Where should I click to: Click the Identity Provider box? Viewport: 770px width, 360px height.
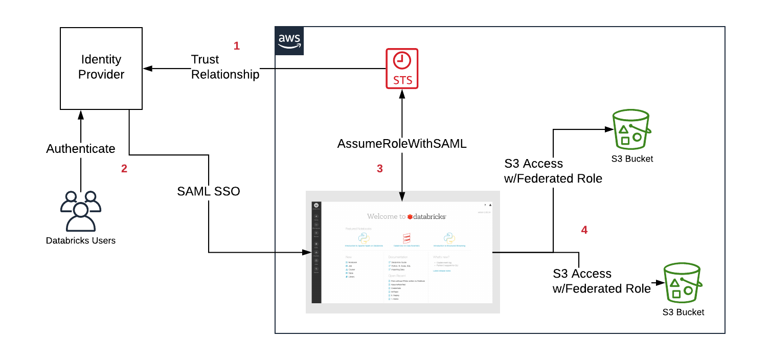pyautogui.click(x=101, y=67)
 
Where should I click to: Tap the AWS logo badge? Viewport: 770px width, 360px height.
pyautogui.click(x=289, y=41)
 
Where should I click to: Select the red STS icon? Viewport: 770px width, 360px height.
pyautogui.click(x=402, y=69)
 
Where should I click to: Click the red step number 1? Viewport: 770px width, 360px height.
pyautogui.click(x=236, y=46)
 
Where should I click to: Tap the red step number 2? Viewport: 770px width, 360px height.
pyautogui.click(x=124, y=169)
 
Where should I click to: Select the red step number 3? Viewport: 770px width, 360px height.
pyautogui.click(x=379, y=169)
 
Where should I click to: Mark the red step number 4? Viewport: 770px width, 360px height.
pyautogui.click(x=584, y=230)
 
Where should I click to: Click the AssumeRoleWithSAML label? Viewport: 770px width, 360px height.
pyautogui.click(x=402, y=144)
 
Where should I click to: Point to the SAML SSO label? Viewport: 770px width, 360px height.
pyautogui.click(x=209, y=191)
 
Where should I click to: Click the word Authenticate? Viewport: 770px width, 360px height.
pyautogui.click(x=81, y=149)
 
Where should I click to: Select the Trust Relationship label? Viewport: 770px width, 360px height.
pyautogui.click(x=225, y=67)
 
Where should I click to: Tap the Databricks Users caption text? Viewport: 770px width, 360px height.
pyautogui.click(x=81, y=240)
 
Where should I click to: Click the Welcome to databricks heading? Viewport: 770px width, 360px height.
pyautogui.click(x=406, y=216)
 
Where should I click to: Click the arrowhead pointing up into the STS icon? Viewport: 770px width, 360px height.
pyautogui.click(x=402, y=93)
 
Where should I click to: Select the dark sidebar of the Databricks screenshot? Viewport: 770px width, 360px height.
pyautogui.click(x=316, y=251)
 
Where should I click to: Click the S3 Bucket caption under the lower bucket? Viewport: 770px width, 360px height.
pyautogui.click(x=683, y=312)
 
